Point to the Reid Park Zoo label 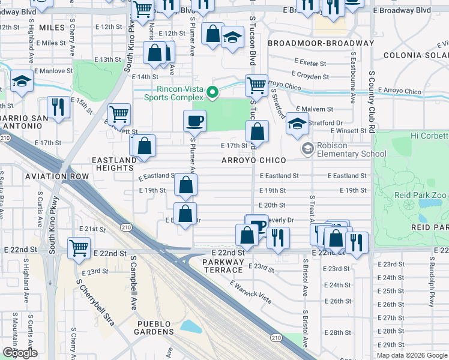421,195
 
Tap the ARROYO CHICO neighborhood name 253,161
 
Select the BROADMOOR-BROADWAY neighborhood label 321,43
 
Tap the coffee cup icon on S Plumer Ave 194,121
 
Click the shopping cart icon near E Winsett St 119,113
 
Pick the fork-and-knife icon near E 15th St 58,107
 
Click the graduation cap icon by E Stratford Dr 297,123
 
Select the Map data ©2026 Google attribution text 411,355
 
